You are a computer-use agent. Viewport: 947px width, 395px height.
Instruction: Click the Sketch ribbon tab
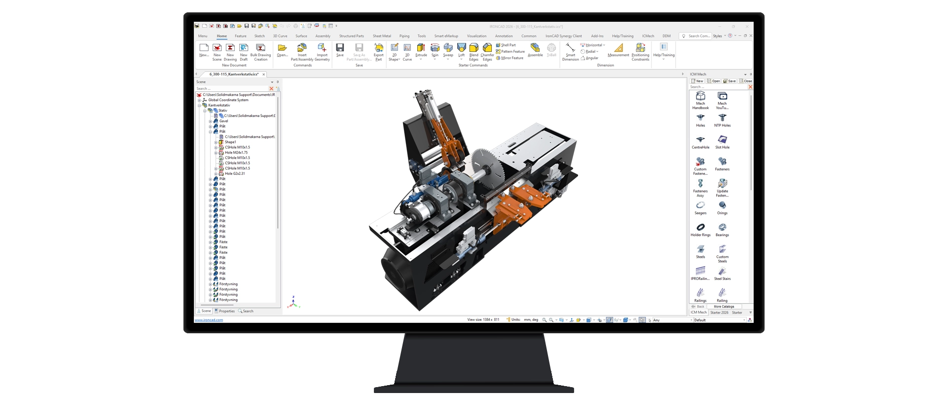(259, 36)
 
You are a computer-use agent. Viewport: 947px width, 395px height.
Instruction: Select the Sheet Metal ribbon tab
(382, 36)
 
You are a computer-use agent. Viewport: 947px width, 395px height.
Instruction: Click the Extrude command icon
(421, 48)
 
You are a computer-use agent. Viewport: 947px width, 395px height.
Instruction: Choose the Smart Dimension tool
(570, 48)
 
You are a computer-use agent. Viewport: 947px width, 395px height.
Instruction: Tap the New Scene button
(217, 48)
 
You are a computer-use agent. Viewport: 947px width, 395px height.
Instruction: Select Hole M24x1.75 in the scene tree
(236, 153)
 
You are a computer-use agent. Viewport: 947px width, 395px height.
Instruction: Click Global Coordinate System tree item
(228, 100)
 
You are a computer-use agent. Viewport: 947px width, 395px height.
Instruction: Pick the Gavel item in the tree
(224, 121)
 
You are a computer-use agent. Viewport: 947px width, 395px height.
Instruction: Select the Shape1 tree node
(230, 142)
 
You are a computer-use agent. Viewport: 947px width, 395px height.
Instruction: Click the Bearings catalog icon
(722, 228)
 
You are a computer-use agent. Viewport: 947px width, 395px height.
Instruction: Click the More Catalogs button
(724, 307)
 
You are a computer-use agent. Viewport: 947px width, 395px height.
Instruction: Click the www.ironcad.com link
(209, 320)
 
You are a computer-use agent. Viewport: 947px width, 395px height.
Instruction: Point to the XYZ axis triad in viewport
(294, 303)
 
